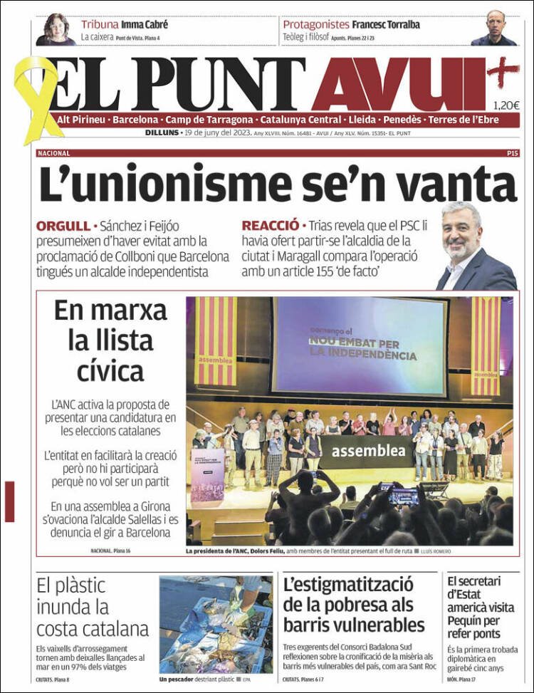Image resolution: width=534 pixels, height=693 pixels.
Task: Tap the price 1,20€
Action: click(x=506, y=105)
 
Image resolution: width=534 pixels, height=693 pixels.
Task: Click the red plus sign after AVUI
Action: click(x=503, y=71)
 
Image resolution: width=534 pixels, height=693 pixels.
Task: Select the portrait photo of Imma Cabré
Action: click(x=56, y=30)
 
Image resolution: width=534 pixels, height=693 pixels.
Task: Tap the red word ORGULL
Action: click(x=63, y=226)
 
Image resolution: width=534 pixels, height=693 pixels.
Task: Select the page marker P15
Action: click(x=512, y=153)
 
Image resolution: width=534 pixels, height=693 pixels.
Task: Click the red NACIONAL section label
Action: click(x=53, y=153)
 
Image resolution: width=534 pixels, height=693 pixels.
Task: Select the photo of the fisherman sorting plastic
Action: click(x=216, y=625)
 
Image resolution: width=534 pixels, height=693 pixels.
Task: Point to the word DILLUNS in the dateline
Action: click(x=162, y=132)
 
